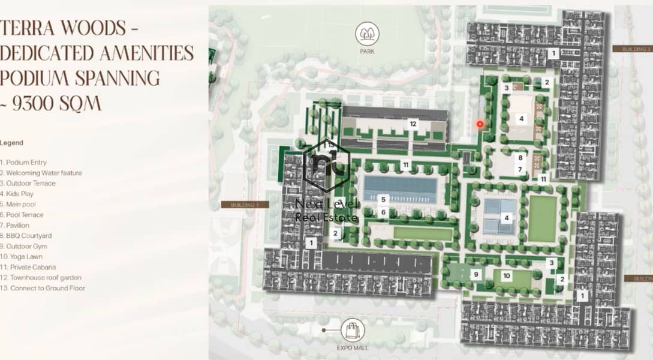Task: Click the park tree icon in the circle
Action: click(367, 34)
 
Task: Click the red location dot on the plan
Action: click(480, 124)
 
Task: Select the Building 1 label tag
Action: click(245, 205)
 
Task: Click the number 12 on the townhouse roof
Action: click(413, 124)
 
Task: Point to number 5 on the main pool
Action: click(383, 199)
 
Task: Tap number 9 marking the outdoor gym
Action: click(476, 275)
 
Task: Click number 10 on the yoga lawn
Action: click(506, 276)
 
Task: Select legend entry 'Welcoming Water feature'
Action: click(41, 173)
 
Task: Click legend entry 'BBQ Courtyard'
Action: click(26, 236)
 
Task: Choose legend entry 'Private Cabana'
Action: click(29, 267)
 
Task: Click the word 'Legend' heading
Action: click(12, 143)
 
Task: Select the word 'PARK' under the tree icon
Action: click(367, 52)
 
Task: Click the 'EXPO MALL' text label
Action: click(353, 348)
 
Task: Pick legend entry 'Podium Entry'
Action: click(24, 163)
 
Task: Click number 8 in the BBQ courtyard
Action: click(520, 158)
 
